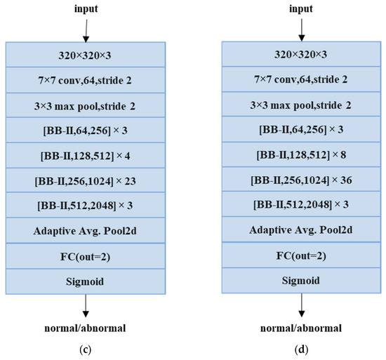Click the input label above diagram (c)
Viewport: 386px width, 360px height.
pos(85,9)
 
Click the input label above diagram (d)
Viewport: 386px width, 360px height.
pos(302,9)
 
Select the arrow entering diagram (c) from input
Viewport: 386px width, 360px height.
pos(85,29)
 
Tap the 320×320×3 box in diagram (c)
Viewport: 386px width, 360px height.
pos(85,54)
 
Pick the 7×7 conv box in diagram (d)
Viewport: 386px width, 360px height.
pos(302,79)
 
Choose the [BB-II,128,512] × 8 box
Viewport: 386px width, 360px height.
pos(302,154)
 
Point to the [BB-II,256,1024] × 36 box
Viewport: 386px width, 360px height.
pos(302,180)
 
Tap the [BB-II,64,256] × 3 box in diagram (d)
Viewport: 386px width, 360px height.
pos(302,130)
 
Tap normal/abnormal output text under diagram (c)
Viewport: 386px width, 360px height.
pos(85,326)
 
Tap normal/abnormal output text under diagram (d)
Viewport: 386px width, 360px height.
pos(302,326)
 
